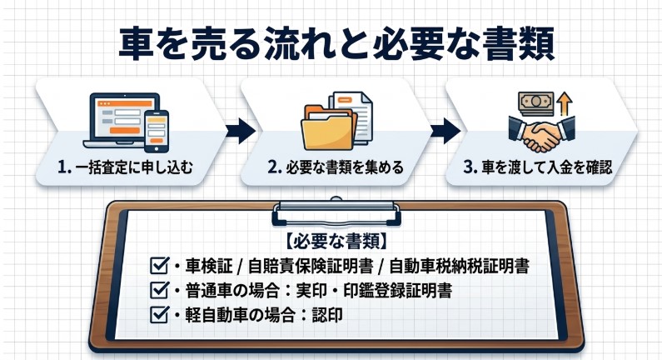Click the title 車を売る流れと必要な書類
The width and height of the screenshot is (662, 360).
point(331,42)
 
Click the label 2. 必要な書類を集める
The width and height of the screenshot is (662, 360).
point(336,167)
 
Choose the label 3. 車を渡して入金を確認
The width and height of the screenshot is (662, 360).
point(538,167)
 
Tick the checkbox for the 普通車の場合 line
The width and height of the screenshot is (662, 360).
point(157,291)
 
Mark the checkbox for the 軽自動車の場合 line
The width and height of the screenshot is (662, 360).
point(157,315)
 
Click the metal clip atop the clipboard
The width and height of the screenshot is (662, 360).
point(334,204)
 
